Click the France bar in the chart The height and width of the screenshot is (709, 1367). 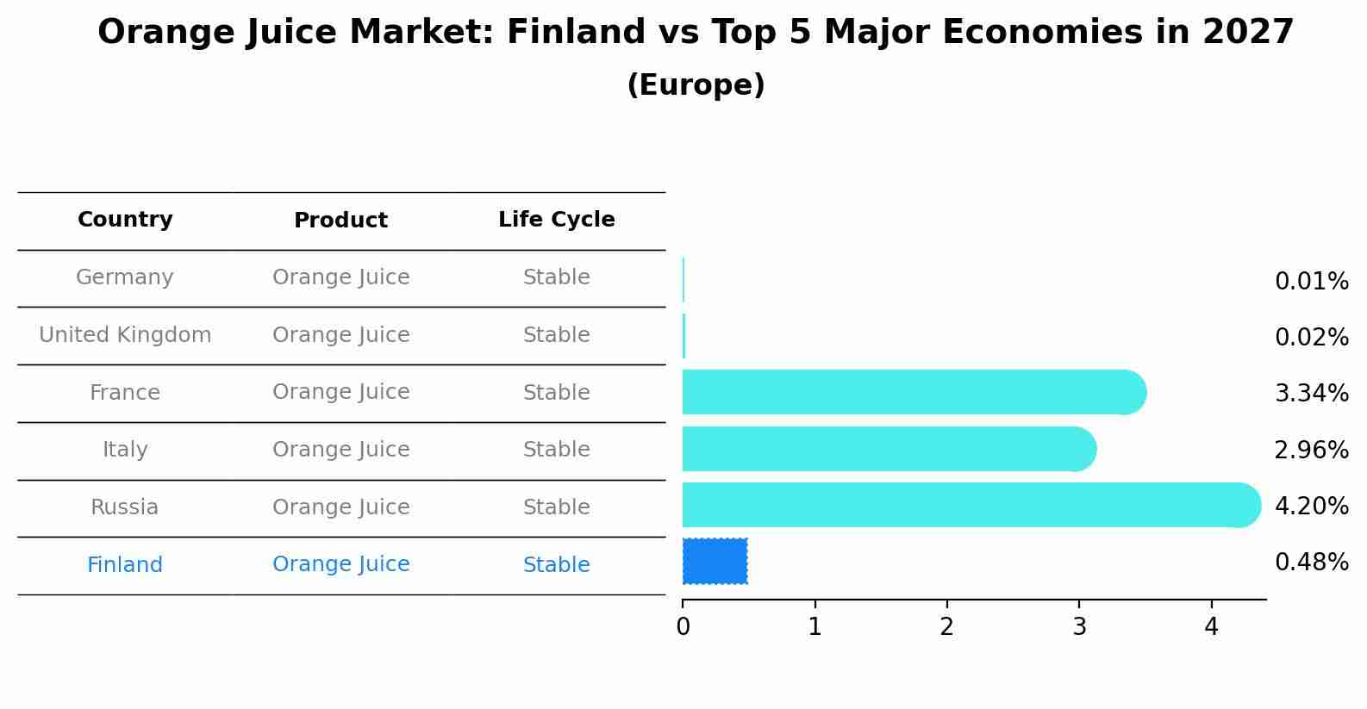click(x=914, y=392)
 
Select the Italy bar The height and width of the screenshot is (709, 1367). click(x=889, y=449)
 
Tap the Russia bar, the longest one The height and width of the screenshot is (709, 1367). click(x=971, y=505)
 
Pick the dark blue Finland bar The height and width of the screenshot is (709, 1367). click(x=715, y=562)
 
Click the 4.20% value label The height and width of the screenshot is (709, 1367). click(x=1312, y=506)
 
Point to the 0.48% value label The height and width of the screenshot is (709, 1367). click(x=1312, y=562)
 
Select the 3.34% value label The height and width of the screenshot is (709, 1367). click(x=1312, y=393)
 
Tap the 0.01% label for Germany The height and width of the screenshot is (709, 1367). click(x=1312, y=282)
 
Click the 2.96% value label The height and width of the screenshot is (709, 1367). click(x=1312, y=451)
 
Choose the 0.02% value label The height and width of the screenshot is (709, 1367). click(x=1312, y=338)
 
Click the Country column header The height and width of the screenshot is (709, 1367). click(x=125, y=219)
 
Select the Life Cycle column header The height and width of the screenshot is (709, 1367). click(x=557, y=219)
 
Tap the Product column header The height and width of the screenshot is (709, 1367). click(x=340, y=220)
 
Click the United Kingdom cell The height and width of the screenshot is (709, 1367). click(x=125, y=334)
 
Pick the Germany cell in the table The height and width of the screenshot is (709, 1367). click(x=124, y=277)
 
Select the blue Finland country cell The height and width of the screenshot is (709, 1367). click(x=124, y=564)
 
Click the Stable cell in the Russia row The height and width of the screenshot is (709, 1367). click(x=557, y=507)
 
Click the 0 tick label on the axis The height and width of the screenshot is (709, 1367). click(x=683, y=626)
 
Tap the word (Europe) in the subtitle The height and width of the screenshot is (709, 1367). click(x=696, y=84)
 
